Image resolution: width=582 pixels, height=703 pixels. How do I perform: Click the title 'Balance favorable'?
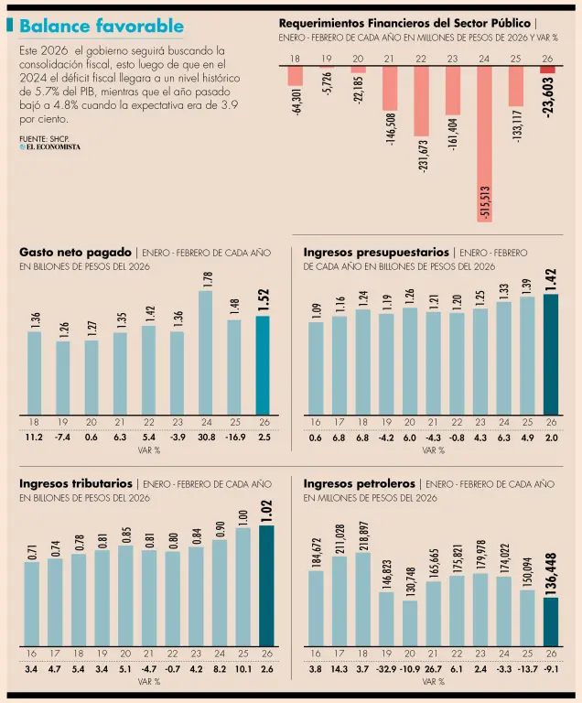101,27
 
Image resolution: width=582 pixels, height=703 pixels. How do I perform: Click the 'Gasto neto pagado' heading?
76,252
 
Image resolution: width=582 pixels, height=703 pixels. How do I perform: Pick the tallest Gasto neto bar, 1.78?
206,353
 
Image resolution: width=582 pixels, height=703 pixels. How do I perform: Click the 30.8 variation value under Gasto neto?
206,438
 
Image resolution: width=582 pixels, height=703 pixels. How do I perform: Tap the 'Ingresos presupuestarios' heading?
376,252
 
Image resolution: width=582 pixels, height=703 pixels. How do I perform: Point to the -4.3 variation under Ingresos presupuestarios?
434,438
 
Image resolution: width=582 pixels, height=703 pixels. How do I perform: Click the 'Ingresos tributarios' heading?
76,482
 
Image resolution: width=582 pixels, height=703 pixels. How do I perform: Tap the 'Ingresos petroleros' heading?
360,482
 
